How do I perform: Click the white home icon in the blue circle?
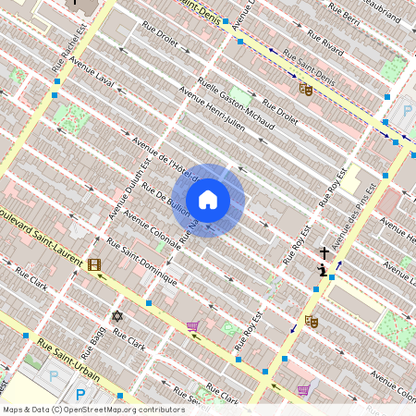pyautogui.click(x=208, y=199)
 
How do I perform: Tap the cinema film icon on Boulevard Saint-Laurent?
pyautogui.click(x=94, y=265)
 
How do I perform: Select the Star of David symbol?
pyautogui.click(x=116, y=316)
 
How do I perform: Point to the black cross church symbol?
pyautogui.click(x=324, y=252)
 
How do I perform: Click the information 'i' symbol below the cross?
pyautogui.click(x=322, y=270)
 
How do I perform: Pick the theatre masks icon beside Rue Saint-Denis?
pyautogui.click(x=305, y=89)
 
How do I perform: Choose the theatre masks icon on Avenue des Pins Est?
pyautogui.click(x=312, y=321)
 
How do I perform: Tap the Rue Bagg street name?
pyautogui.click(x=93, y=341)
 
